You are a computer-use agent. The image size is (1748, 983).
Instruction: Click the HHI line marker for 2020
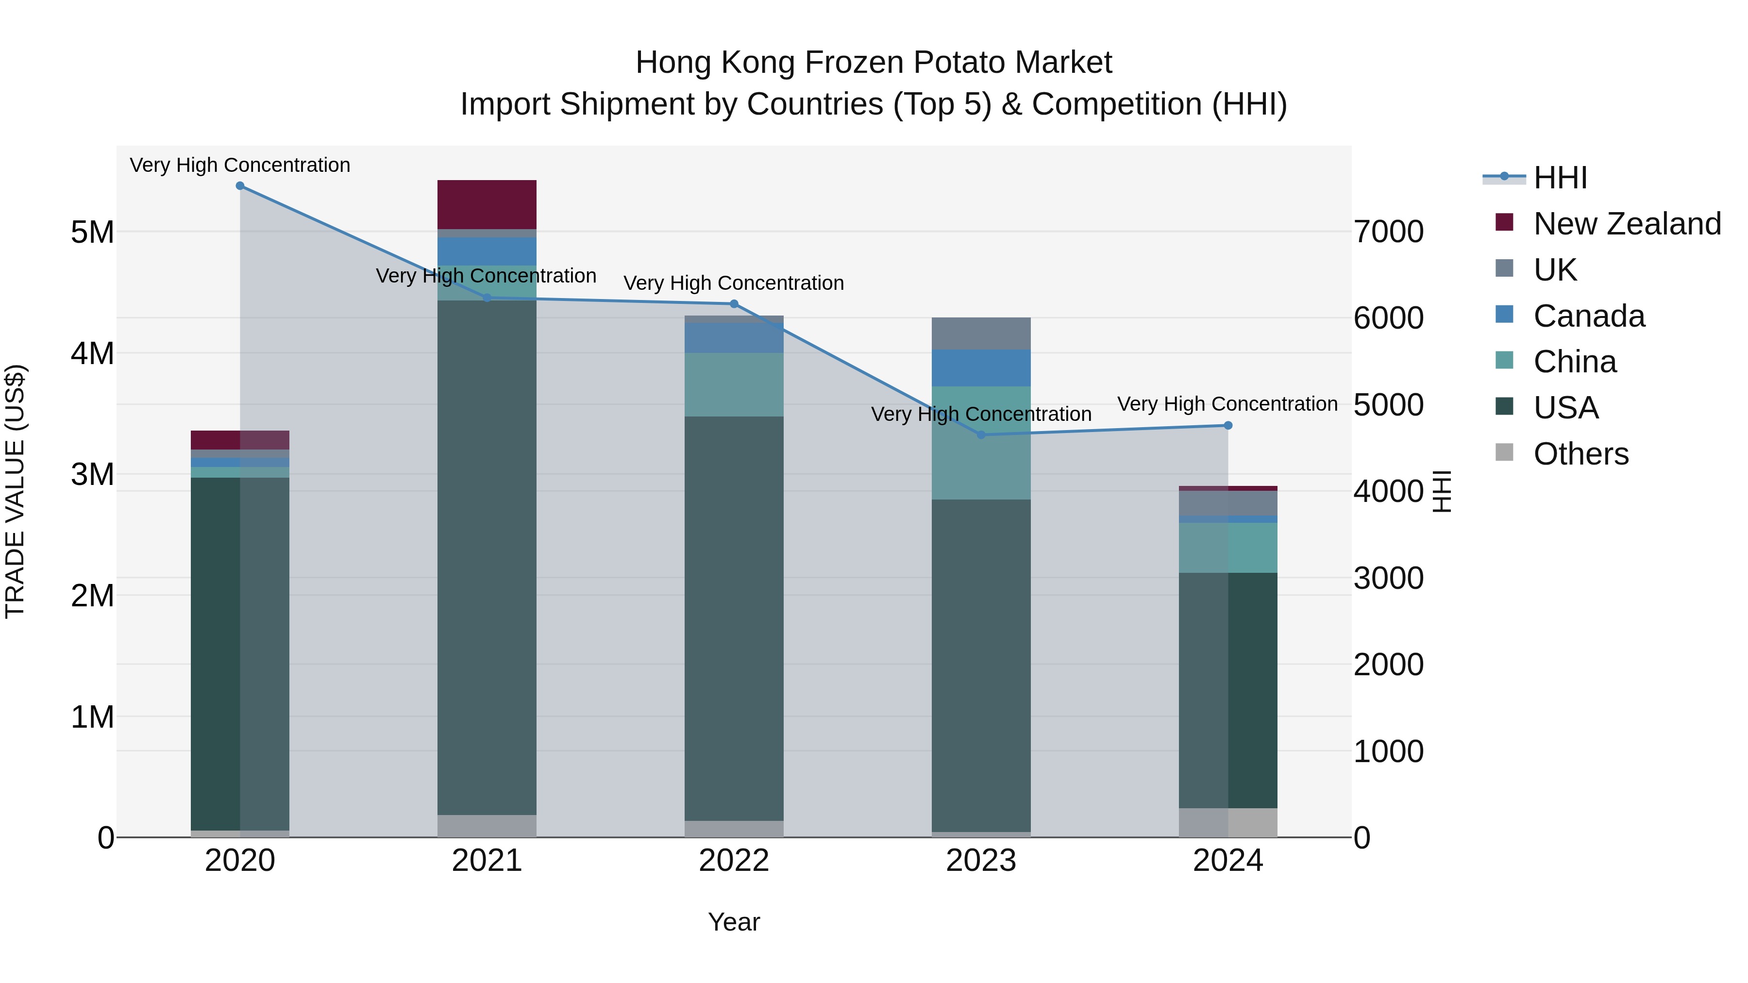click(240, 186)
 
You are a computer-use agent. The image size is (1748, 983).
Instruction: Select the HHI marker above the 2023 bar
click(981, 435)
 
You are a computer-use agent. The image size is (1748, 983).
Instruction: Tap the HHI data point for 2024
click(1228, 425)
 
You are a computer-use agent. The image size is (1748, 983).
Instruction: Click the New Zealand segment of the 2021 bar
click(487, 204)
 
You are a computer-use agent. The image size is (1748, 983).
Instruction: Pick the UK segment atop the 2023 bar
click(981, 333)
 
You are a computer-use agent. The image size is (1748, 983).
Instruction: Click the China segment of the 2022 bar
click(734, 384)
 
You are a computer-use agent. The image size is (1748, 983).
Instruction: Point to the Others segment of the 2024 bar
click(1228, 822)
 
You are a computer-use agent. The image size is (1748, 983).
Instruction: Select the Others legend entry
click(1580, 454)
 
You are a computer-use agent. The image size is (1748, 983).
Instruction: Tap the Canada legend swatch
click(1504, 315)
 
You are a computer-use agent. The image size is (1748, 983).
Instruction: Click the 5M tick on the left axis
click(92, 232)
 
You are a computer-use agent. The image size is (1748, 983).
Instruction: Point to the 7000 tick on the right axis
click(1388, 232)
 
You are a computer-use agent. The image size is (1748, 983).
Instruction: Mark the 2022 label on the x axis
click(734, 861)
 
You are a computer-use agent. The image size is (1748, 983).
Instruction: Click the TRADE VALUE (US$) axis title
click(15, 491)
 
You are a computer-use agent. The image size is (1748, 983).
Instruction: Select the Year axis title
click(734, 922)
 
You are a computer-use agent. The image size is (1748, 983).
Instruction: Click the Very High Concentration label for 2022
click(734, 283)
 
